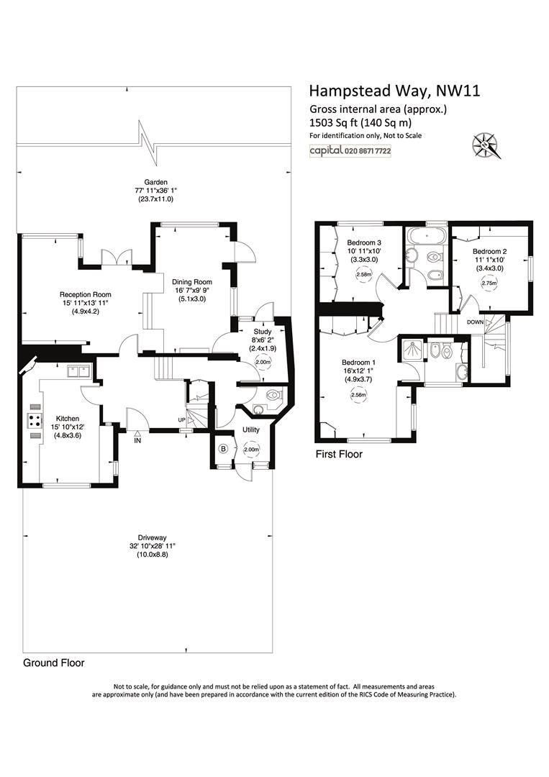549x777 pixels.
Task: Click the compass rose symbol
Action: coord(486,145)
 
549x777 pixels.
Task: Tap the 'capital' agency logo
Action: coord(327,150)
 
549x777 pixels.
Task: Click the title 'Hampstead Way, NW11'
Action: coord(394,91)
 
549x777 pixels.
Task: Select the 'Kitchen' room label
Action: coord(68,419)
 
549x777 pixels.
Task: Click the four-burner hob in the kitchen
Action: coord(35,421)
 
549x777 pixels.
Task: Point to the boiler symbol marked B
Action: coord(224,450)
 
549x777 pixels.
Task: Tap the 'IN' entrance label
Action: coord(137,440)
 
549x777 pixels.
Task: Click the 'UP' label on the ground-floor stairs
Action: coord(182,420)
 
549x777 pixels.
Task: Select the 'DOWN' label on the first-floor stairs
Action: coord(475,322)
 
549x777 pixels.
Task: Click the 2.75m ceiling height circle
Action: coord(489,283)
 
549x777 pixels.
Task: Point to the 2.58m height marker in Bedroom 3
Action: coord(363,275)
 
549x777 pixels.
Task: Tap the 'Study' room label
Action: coord(263,332)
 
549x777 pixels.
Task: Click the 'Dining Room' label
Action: coord(191,282)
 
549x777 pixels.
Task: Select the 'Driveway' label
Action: coord(152,537)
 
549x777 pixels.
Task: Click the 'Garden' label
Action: coord(155,182)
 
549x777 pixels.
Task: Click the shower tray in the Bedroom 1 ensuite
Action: coord(412,351)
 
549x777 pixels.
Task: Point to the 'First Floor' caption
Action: coord(339,454)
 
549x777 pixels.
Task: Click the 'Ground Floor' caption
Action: coord(54,663)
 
